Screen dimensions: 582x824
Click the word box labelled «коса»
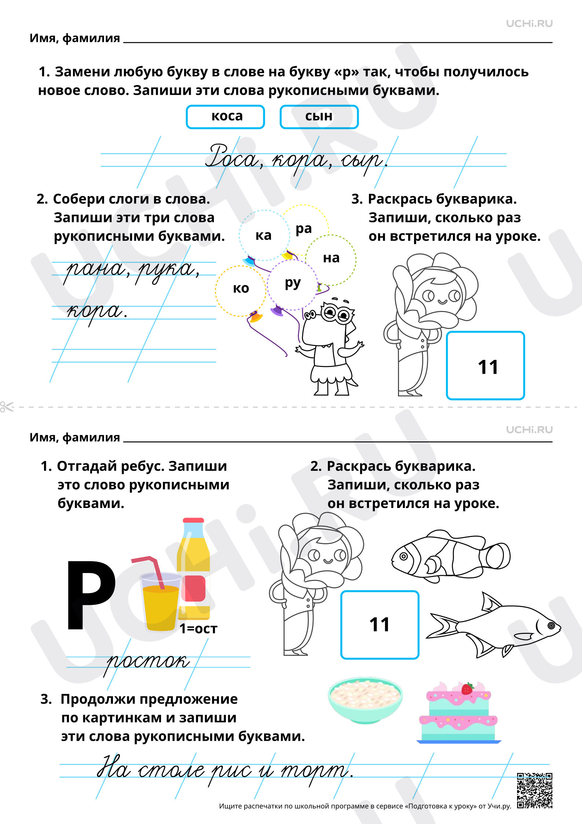[x=225, y=117]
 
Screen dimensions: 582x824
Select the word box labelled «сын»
[x=319, y=117]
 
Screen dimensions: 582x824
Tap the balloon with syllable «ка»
[x=264, y=235]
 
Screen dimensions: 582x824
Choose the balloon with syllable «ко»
[x=240, y=290]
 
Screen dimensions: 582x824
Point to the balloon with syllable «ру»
[x=292, y=284]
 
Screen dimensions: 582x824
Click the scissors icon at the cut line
[x=7, y=407]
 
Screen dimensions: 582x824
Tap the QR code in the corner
[x=534, y=791]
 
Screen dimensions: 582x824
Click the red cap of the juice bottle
[x=193, y=520]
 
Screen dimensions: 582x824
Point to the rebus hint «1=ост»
[x=198, y=629]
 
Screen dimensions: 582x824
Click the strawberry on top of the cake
[x=467, y=689]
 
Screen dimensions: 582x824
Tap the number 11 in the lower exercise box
[x=379, y=625]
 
